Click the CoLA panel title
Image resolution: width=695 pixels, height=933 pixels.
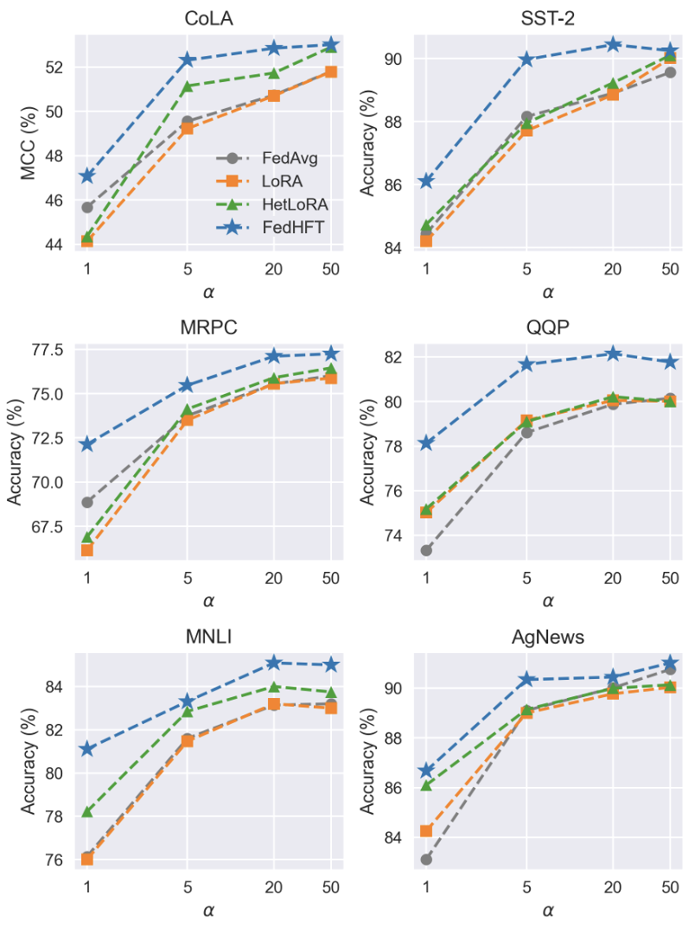tap(208, 18)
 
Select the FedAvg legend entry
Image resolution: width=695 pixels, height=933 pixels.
tap(290, 158)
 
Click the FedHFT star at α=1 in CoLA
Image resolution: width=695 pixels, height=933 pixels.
tap(87, 175)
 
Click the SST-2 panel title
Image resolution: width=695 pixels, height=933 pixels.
tap(548, 18)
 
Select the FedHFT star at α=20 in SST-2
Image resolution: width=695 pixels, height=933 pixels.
tap(613, 44)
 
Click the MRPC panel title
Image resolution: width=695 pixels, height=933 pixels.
tap(208, 327)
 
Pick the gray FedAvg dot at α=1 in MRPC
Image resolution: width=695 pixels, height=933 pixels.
tap(87, 502)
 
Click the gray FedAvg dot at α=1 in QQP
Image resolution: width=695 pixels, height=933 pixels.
tap(426, 550)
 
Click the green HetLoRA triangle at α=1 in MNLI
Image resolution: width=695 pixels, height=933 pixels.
tap(87, 811)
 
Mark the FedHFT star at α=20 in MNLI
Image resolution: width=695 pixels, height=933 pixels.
tap(274, 663)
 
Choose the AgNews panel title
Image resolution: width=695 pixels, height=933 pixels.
tap(548, 638)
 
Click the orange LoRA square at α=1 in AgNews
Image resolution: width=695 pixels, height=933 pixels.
tap(426, 830)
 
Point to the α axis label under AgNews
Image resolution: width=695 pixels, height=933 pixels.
tap(548, 911)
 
